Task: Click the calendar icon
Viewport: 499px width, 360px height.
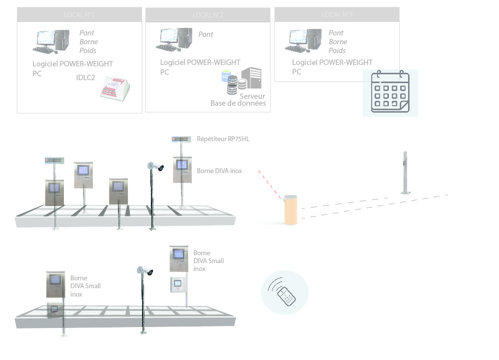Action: (x=390, y=92)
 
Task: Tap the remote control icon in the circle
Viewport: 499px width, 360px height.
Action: (x=285, y=293)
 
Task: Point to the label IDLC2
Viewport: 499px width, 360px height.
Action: (x=86, y=77)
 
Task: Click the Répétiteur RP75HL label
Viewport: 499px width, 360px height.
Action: (x=223, y=139)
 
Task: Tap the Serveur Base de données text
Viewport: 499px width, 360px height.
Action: (x=239, y=100)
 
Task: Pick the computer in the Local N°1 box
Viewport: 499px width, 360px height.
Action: (x=51, y=42)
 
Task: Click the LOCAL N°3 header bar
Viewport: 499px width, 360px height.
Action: (x=337, y=14)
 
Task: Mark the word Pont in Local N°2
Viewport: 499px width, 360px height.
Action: (x=205, y=34)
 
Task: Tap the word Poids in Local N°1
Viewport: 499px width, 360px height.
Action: (x=88, y=51)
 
